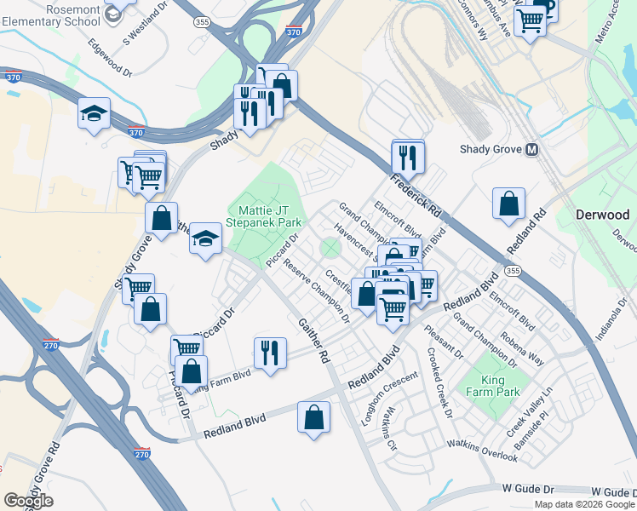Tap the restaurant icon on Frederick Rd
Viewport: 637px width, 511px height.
point(408,158)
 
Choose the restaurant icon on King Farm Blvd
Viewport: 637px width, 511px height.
point(270,351)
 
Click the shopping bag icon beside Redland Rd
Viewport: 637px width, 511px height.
point(508,204)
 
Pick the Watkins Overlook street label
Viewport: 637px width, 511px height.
point(484,451)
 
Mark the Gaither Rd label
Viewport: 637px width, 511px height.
point(313,341)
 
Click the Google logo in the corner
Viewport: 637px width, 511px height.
point(28,501)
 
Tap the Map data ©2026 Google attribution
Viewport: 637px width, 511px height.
point(584,504)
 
